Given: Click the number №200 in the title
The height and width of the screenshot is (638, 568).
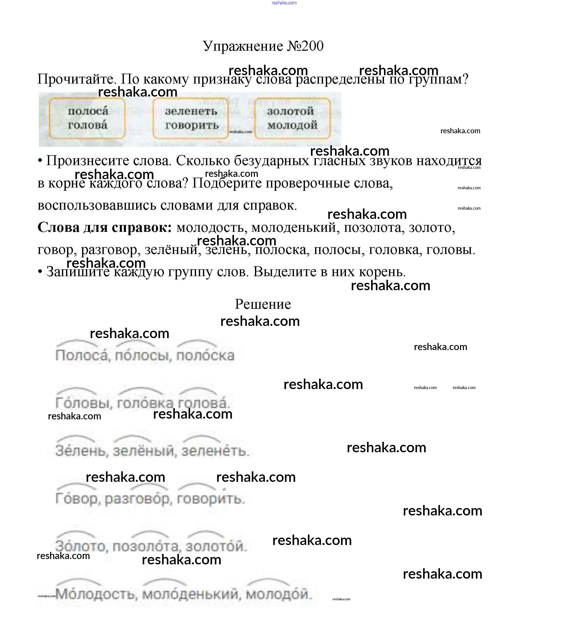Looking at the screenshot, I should pyautogui.click(x=305, y=46).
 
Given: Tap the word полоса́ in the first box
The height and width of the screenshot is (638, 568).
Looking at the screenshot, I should pyautogui.click(x=88, y=111).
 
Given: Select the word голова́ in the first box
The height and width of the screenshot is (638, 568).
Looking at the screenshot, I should pyautogui.click(x=88, y=125).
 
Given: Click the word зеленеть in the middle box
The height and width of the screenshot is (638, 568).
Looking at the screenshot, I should pyautogui.click(x=191, y=111).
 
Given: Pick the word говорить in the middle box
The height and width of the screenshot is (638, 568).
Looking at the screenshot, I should pyautogui.click(x=192, y=125).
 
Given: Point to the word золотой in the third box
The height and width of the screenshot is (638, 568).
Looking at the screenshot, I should pyautogui.click(x=290, y=111).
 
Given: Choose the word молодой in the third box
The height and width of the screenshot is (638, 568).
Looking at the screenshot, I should pyautogui.click(x=292, y=125).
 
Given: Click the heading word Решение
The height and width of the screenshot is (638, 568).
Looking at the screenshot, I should pyautogui.click(x=263, y=304).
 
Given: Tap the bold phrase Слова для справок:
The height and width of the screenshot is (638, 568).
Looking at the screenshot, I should pyautogui.click(x=105, y=228).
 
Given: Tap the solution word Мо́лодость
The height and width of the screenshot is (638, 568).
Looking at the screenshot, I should pyautogui.click(x=96, y=594).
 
